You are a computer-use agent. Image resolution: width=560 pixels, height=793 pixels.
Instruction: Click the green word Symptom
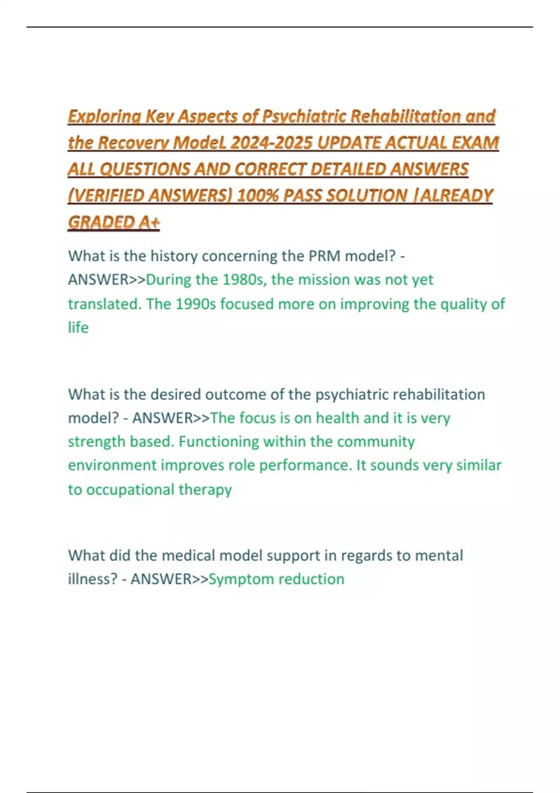(x=236, y=579)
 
